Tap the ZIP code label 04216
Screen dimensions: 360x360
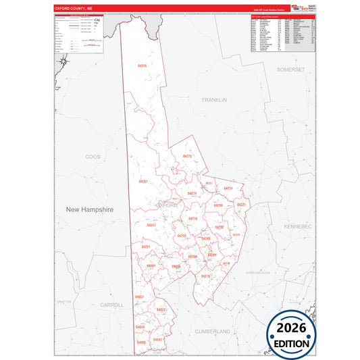(142, 66)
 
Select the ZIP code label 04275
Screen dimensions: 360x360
(188, 156)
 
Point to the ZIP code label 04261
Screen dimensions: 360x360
(143, 182)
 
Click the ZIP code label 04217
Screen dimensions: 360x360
(151, 224)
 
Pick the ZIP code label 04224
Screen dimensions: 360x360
(228, 188)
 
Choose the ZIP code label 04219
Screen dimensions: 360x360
(192, 219)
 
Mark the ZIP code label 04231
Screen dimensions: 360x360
(145, 247)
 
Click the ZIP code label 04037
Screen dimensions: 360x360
(139, 297)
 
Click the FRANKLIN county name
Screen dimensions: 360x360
(214, 99)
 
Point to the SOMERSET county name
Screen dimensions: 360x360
(291, 70)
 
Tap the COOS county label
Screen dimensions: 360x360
(92, 156)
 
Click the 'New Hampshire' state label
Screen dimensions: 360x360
(90, 210)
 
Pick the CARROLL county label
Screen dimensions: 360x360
(111, 305)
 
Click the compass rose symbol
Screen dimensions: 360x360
(62, 63)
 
